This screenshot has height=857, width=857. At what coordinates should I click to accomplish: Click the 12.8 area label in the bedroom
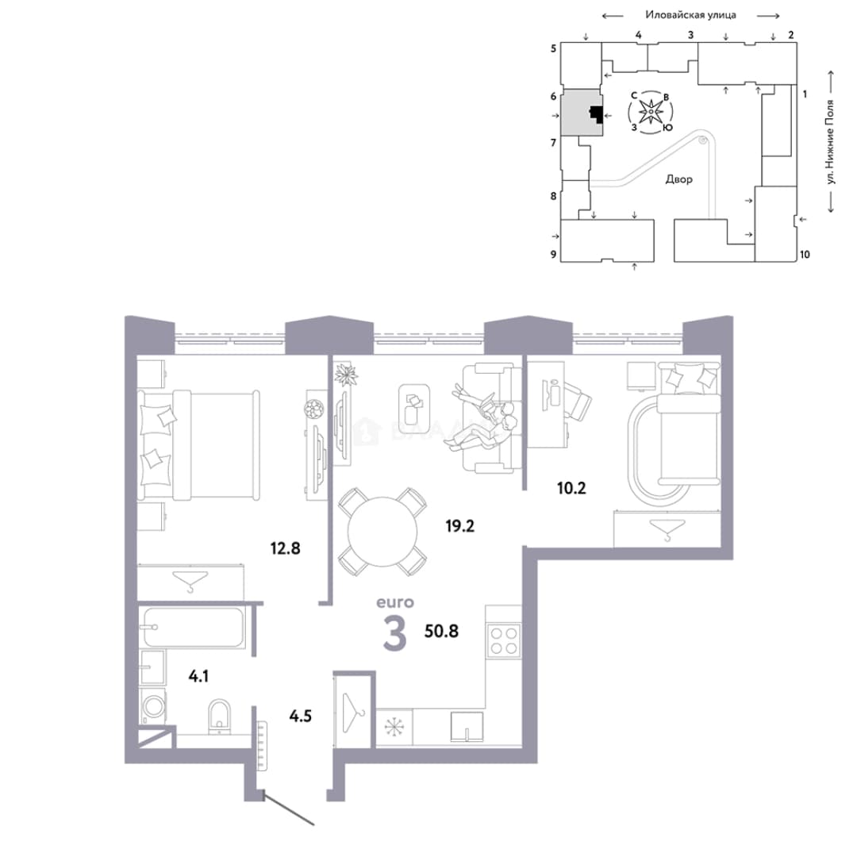286,548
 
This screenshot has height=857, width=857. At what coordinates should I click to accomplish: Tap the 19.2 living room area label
459,526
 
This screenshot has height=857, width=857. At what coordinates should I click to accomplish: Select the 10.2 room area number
571,487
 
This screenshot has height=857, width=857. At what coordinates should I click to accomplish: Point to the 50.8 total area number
442,632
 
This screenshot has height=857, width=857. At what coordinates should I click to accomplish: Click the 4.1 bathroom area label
198,676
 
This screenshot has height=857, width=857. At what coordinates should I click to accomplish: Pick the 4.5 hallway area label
300,716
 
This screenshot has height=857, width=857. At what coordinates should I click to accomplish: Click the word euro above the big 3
395,602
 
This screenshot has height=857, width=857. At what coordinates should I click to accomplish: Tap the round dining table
382,531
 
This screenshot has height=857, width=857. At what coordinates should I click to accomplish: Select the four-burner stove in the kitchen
504,640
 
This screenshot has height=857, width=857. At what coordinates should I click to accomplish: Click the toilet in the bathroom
220,716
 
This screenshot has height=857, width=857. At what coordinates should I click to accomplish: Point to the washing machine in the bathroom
154,706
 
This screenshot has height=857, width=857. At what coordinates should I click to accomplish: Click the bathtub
194,627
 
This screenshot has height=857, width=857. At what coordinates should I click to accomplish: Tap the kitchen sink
467,726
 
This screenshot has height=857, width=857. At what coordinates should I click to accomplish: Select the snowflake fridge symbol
394,727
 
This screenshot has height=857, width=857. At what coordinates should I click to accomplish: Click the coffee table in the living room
413,405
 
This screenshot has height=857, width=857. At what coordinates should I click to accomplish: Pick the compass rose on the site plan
651,112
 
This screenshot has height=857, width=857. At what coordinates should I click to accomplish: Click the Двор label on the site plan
678,179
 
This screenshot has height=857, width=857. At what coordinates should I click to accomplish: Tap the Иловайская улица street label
690,15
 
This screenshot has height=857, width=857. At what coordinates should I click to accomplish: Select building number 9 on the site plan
553,254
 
